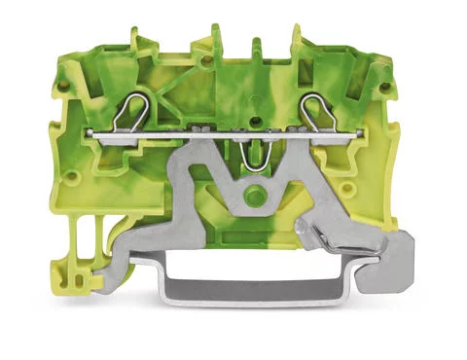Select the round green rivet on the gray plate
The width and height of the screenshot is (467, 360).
256,197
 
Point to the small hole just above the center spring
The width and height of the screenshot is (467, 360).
255,122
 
